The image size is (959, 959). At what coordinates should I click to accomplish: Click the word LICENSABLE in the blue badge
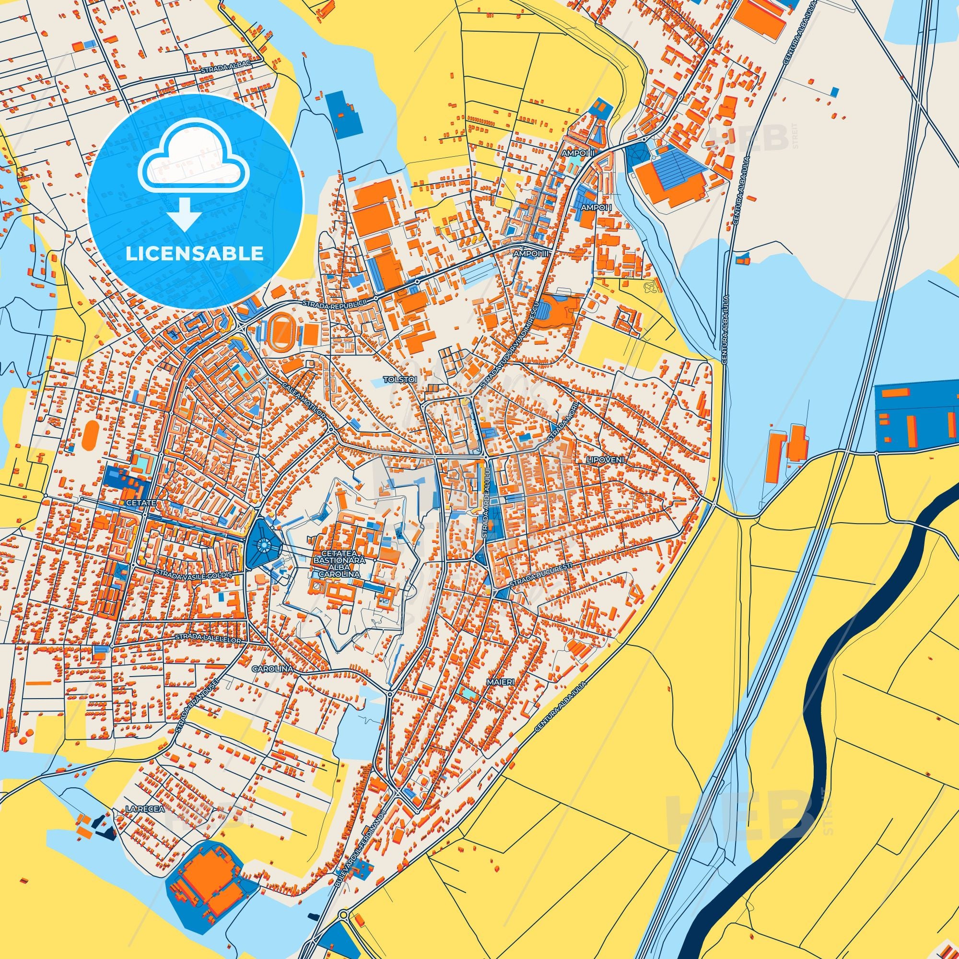tap(195, 253)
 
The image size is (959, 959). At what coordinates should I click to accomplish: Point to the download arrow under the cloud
tap(184, 213)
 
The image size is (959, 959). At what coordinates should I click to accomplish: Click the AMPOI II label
tap(578, 153)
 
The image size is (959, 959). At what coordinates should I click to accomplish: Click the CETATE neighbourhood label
tap(142, 503)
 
